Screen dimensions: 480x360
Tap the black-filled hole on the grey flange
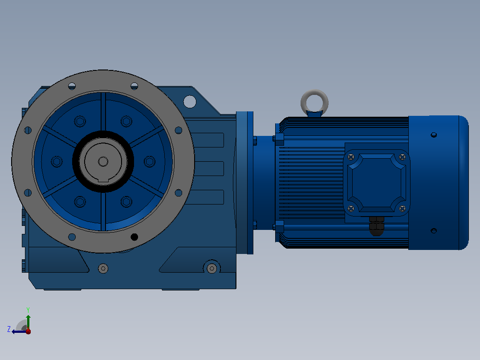(134, 237)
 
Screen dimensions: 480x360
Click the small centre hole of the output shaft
(103, 161)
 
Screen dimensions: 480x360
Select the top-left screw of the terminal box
(351, 157)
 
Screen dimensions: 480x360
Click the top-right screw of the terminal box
(403, 157)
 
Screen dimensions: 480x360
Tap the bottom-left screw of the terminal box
(351, 209)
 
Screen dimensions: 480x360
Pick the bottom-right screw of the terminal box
(403, 209)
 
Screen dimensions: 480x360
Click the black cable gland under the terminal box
(377, 226)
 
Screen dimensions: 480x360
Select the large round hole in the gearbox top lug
(190, 102)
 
